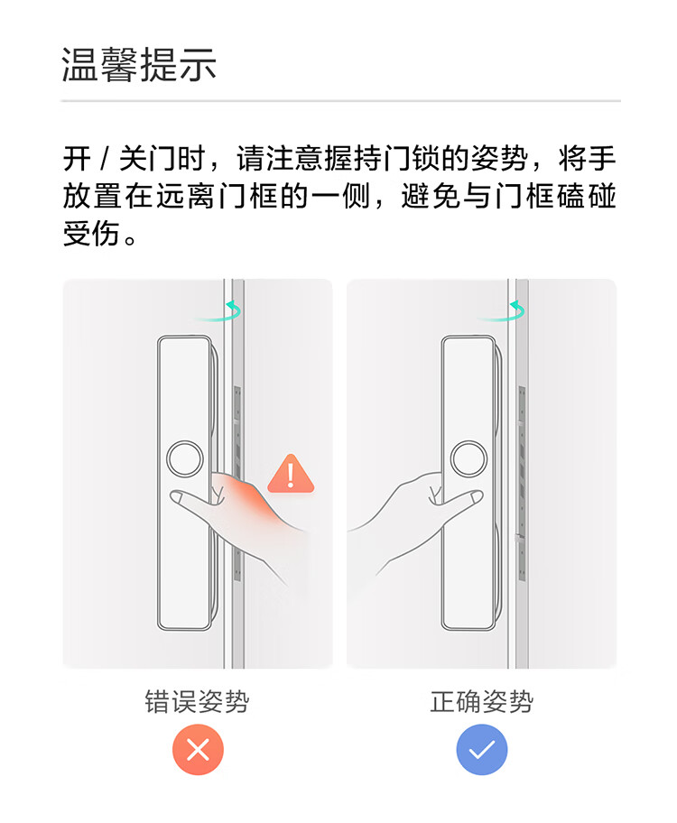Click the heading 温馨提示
tap(139, 65)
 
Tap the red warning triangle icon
tap(291, 474)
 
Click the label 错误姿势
tap(197, 701)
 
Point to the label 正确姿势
tap(482, 701)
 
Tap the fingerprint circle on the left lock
tap(185, 459)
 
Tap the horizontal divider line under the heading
tap(340, 101)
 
